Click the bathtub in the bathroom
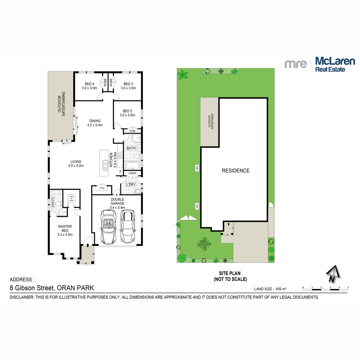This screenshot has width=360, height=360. pos(131,166)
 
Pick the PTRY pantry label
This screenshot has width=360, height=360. pos(102,188)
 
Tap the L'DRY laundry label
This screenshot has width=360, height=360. pos(131,184)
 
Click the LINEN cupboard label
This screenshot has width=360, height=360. pos(132,173)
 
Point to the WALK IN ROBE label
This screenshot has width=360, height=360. pos(71,198)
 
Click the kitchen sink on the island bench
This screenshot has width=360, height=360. pos(105,165)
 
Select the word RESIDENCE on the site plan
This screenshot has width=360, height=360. pos(235,171)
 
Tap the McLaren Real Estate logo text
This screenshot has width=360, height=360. pos(334,64)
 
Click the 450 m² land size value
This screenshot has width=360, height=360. pos(281,289)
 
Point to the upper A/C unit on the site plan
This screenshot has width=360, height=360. pos(197,168)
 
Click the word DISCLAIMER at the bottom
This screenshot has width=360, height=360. pos(22,297)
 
